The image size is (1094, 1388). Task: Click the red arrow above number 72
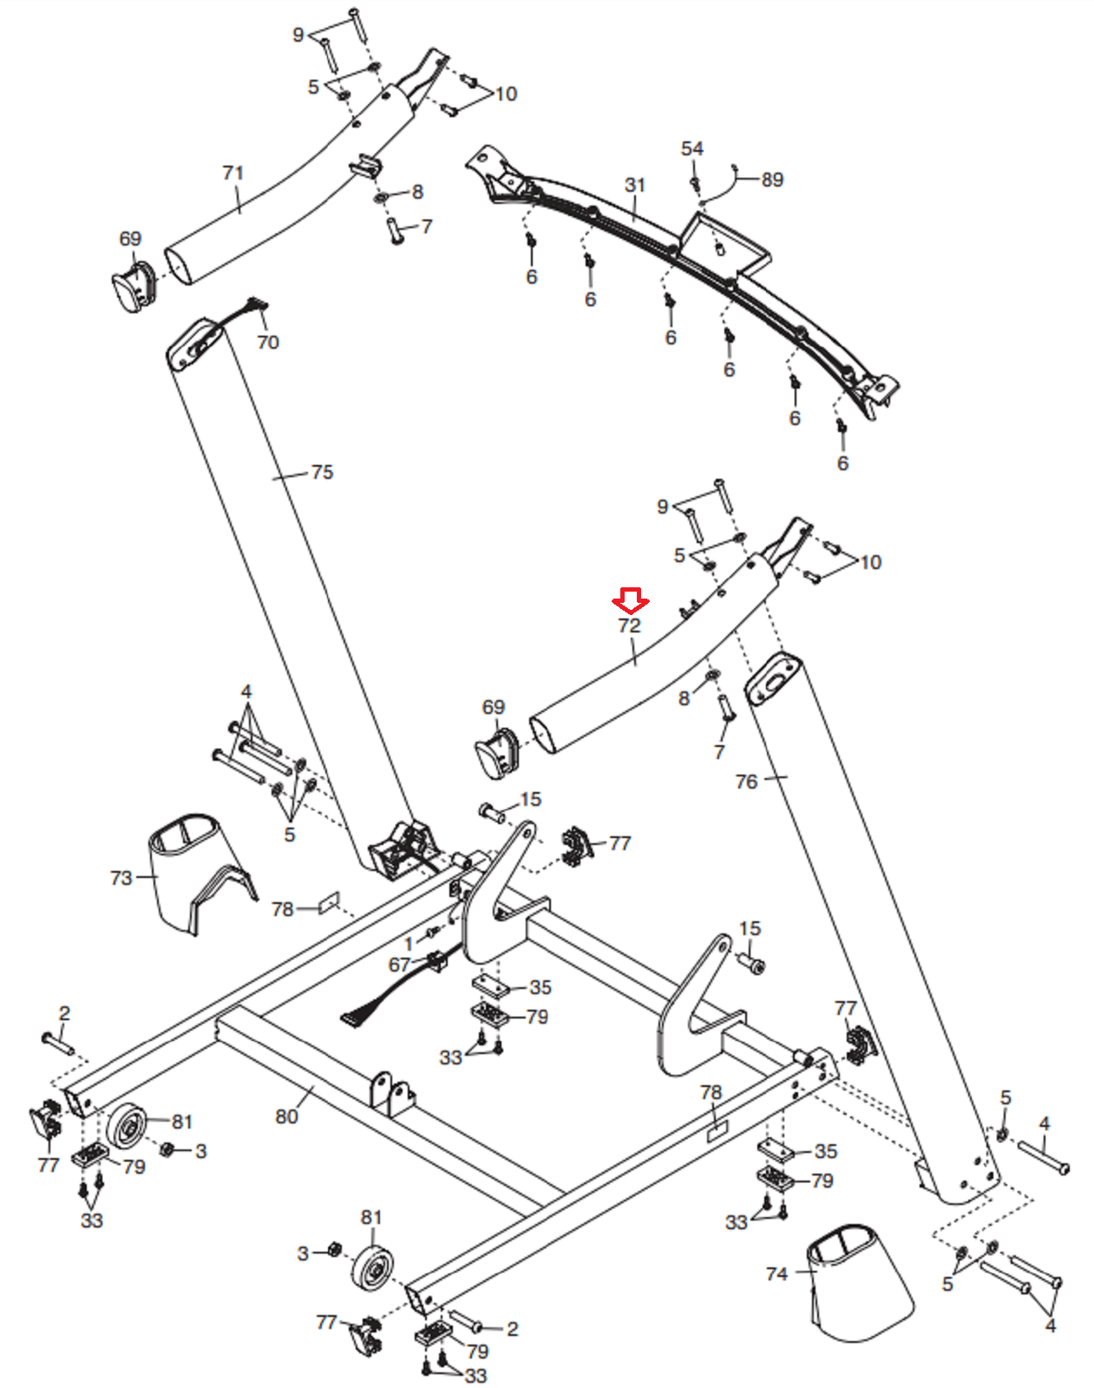630,599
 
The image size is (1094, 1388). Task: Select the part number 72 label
629,625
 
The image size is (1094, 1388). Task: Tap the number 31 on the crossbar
635,185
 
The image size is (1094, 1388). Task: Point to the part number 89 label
772,180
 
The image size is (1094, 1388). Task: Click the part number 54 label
692,148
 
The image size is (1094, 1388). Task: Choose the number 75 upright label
323,472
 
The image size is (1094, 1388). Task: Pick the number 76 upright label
746,782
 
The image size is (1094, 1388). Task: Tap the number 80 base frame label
286,1116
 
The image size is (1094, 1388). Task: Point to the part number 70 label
268,342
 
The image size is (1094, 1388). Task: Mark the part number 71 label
233,173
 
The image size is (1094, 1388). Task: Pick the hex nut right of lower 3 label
335,1249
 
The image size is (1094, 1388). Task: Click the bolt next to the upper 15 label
492,811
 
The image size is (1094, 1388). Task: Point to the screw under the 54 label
695,182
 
